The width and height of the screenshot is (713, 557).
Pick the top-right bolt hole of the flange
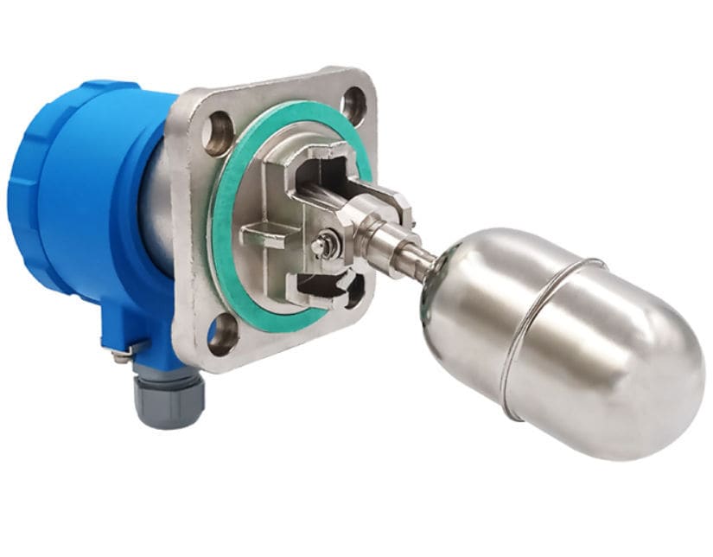tap(353, 103)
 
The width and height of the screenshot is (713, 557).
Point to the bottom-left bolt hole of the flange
tap(222, 333)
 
